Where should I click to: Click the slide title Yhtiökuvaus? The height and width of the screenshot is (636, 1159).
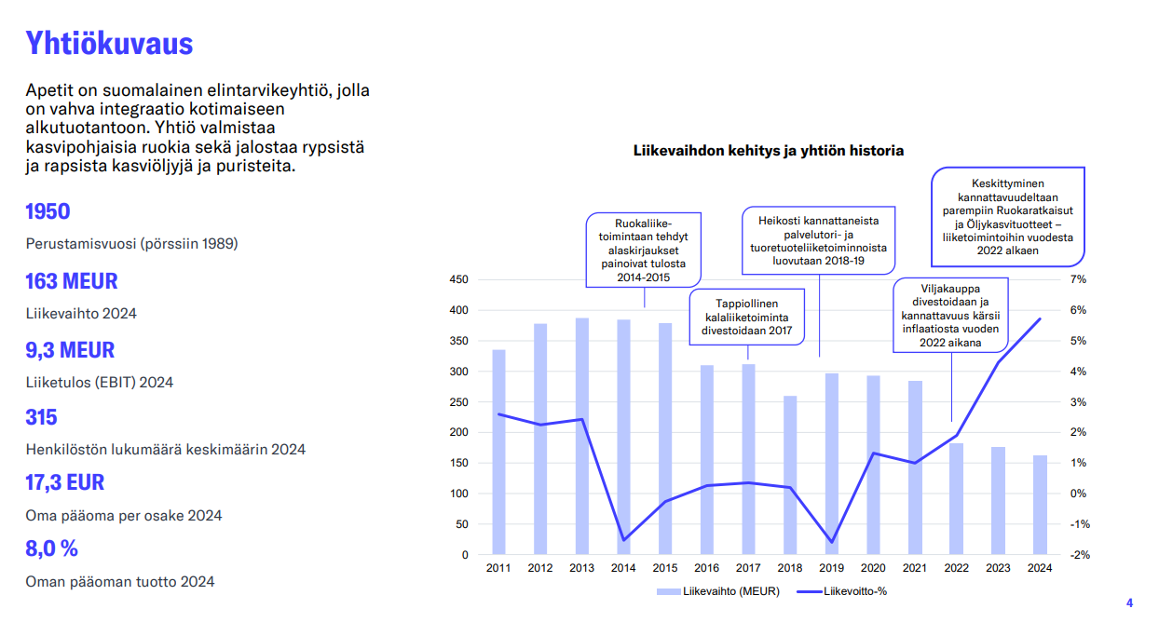[109, 43]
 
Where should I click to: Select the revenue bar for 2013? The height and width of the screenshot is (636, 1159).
[582, 436]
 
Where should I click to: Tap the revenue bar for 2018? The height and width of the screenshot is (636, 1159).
[790, 475]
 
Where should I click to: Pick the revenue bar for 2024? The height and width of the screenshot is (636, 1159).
[1040, 505]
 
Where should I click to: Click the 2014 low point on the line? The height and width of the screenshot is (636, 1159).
[623, 540]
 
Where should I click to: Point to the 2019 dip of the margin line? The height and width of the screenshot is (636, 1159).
[832, 542]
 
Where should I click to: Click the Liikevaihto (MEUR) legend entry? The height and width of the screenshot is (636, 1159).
[718, 591]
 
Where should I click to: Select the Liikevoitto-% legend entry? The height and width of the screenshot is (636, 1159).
[842, 591]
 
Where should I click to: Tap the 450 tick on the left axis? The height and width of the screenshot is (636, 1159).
[458, 279]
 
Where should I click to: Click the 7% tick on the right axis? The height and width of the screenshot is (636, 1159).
[1078, 279]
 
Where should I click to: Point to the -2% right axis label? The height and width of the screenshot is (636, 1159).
[1080, 555]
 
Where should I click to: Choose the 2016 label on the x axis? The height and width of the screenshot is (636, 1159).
[707, 568]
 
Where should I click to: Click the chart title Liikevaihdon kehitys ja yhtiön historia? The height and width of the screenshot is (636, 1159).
[769, 151]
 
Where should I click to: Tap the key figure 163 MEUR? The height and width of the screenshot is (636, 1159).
[72, 281]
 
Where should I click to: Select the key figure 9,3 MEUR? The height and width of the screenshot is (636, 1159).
[70, 350]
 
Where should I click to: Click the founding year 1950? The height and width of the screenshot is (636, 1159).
[48, 211]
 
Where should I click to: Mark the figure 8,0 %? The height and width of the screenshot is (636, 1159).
[52, 548]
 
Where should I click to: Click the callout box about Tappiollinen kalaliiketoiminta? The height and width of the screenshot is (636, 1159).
[746, 317]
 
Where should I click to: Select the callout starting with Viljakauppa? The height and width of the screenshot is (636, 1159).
[950, 316]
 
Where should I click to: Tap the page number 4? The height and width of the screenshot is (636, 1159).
[1129, 602]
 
